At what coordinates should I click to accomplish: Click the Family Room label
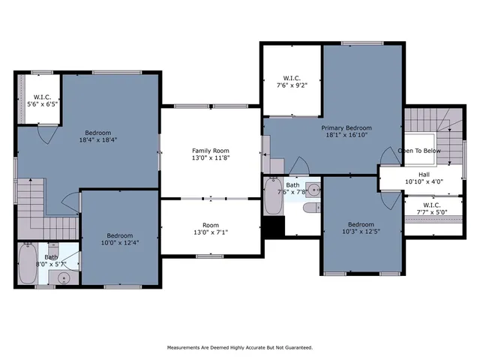[x=210, y=151]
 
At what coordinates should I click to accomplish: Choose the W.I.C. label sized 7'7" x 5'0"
[x=431, y=205]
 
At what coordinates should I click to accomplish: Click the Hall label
[x=424, y=173]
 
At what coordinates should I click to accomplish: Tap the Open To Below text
[x=419, y=150]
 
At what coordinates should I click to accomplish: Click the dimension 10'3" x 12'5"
[x=361, y=231]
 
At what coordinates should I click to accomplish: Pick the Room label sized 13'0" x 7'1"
[x=210, y=226]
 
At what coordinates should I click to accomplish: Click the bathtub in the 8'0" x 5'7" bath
[x=27, y=264]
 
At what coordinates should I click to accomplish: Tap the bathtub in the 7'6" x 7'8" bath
[x=271, y=196]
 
